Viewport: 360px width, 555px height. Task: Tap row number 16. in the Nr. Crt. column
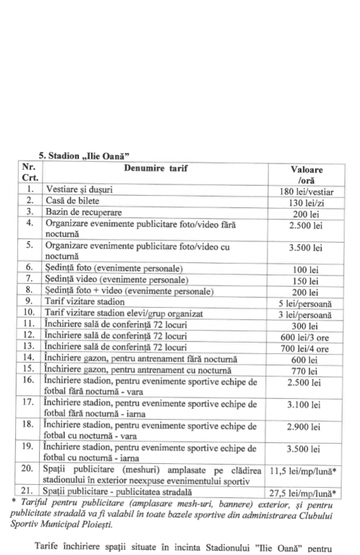30,380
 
